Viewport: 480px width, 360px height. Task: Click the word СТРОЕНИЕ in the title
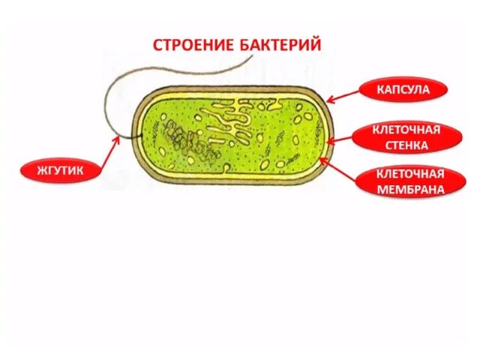[191, 44]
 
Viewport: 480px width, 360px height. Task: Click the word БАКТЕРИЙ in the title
[279, 44]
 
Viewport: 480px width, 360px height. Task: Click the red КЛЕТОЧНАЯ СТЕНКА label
[406, 137]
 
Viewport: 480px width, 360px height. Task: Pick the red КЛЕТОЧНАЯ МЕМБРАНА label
[410, 181]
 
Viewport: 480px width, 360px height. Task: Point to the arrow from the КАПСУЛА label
[345, 94]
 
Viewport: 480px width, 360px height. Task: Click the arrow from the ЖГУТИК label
[105, 153]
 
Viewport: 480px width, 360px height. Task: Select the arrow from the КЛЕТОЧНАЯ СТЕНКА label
[342, 138]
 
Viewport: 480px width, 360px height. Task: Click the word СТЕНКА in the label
[406, 145]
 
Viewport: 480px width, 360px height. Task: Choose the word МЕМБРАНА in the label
[410, 189]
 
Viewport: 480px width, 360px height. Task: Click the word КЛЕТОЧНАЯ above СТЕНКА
[406, 130]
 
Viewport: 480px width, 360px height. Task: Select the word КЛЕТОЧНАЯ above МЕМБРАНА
[410, 174]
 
